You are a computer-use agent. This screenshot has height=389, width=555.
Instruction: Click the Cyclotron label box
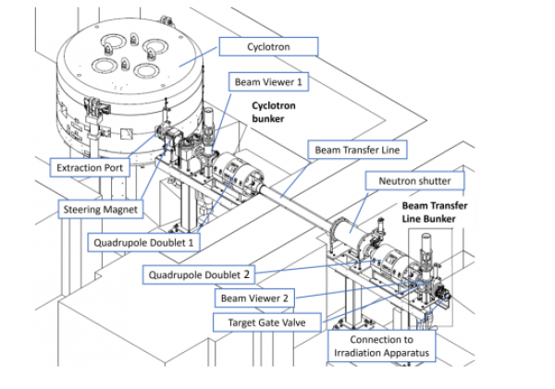click(267, 45)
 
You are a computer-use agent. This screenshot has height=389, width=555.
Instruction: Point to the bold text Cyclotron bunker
click(274, 113)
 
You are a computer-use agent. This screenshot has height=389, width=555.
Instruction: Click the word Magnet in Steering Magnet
click(120, 209)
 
